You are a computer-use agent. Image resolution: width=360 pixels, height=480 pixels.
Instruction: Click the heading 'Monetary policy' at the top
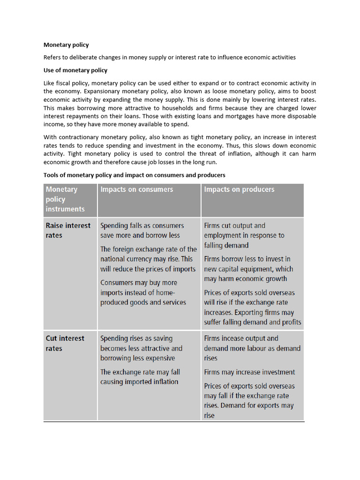[x=66, y=45]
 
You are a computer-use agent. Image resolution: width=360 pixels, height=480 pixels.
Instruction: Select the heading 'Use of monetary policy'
[x=75, y=70]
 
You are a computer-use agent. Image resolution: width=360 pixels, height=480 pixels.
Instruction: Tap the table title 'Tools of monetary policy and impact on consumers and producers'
[x=134, y=175]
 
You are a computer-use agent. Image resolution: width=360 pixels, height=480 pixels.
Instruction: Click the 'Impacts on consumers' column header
[x=136, y=189]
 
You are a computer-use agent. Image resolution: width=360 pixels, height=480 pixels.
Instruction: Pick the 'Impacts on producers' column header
[x=239, y=189]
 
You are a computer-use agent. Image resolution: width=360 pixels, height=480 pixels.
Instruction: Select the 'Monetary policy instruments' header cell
[x=65, y=199]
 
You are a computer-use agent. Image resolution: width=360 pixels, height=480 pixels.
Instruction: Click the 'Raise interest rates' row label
[x=68, y=230]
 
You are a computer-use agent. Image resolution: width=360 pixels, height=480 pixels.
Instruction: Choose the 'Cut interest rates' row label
[x=65, y=343]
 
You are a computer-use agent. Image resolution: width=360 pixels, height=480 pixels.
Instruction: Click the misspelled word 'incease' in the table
[x=232, y=338]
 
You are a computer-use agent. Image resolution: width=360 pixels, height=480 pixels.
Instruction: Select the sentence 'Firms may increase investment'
[x=249, y=372]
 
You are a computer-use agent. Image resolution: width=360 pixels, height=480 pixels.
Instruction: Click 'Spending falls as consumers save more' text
[x=142, y=230]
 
